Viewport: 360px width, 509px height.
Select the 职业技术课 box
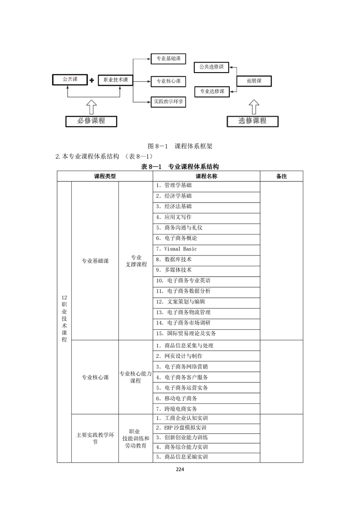[x=116, y=80]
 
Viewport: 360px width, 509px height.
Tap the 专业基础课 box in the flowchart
[x=168, y=59]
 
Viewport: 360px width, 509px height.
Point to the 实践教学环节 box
[x=168, y=102]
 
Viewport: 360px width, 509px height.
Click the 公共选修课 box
[x=212, y=67]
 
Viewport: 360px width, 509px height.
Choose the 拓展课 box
[x=254, y=81]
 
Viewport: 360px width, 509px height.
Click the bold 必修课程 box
[x=91, y=121]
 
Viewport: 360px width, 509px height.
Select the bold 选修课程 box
[x=252, y=121]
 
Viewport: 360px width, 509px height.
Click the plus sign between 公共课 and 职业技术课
[x=92, y=80]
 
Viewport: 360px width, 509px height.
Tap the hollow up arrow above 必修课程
[x=91, y=107]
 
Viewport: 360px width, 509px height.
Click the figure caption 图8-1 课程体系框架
[x=180, y=146]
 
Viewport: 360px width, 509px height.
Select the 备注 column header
[x=281, y=176]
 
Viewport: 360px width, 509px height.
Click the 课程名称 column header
[x=206, y=176]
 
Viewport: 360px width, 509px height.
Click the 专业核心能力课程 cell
[x=135, y=377]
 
